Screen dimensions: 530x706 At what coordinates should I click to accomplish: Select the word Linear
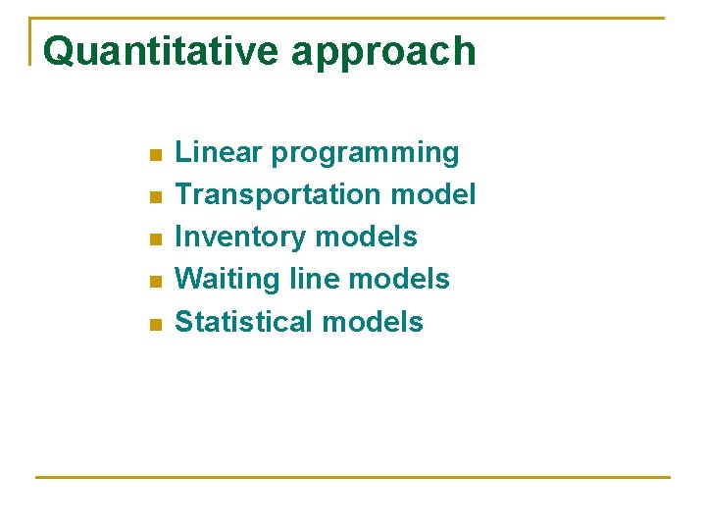click(219, 152)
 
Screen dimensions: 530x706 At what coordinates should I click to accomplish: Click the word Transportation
click(278, 194)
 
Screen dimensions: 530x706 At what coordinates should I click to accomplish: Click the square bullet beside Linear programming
click(152, 155)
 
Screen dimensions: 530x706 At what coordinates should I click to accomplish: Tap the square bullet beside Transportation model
click(152, 197)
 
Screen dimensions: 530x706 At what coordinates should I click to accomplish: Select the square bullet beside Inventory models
click(152, 239)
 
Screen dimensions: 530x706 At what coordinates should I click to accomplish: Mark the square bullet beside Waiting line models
click(152, 282)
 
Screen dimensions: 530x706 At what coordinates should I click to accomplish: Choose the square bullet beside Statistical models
click(152, 325)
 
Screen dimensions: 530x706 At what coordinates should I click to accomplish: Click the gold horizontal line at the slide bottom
click(353, 477)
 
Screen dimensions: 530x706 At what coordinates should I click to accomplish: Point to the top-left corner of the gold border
click(32, 19)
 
